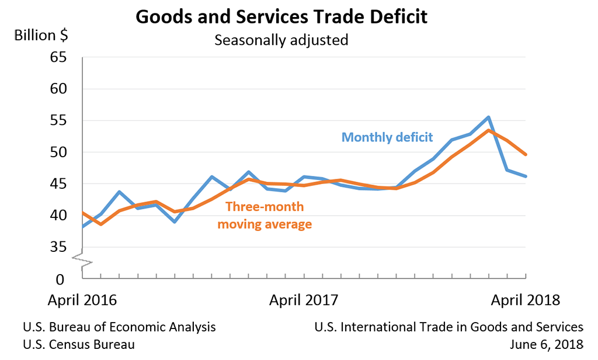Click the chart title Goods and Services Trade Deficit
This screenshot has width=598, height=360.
click(281, 16)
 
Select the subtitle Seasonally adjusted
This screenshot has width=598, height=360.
click(281, 40)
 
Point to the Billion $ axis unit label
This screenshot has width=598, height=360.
click(41, 35)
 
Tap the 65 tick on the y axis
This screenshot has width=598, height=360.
click(58, 58)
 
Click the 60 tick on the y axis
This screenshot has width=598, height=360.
click(58, 89)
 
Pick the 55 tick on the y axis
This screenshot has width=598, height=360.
click(58, 121)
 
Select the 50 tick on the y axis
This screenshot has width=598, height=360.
click(58, 153)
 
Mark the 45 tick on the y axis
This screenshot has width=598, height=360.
click(58, 184)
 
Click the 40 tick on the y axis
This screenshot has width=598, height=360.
click(58, 216)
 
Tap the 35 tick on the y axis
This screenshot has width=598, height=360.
click(58, 247)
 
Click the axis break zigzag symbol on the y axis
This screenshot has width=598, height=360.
click(82, 260)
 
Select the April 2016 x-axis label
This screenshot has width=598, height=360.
click(82, 300)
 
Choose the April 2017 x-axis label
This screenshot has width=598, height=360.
click(303, 300)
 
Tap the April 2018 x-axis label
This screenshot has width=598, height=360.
click(525, 300)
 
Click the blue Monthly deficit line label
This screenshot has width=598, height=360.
click(387, 137)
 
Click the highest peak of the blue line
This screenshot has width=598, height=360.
click(488, 117)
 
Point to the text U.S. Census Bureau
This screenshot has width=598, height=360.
click(79, 344)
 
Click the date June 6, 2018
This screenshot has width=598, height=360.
click(546, 344)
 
